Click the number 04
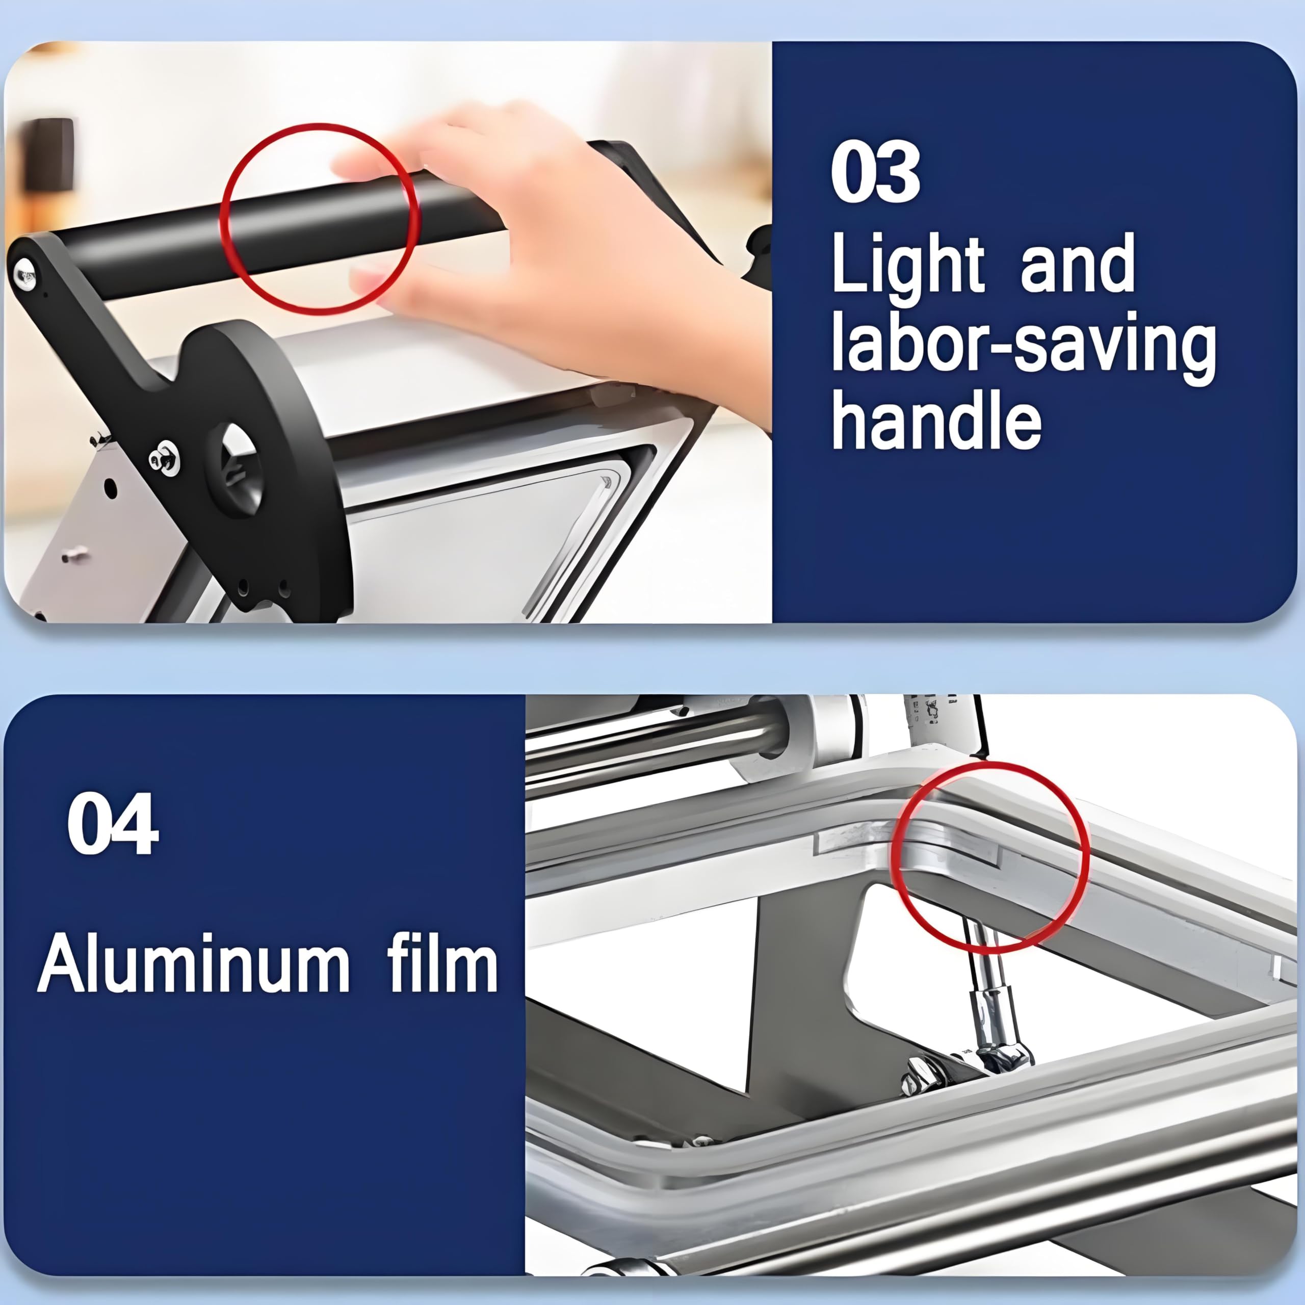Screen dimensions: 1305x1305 [113, 825]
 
